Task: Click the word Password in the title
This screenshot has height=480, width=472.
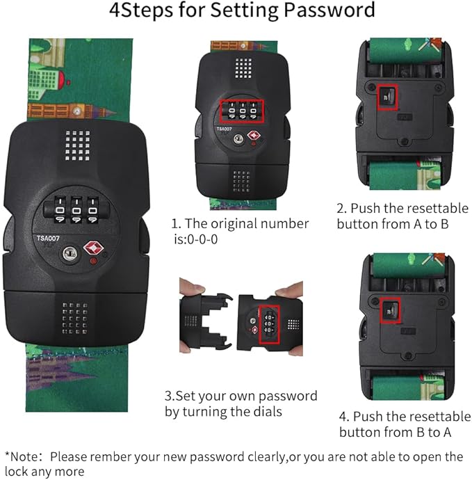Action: tap(329, 10)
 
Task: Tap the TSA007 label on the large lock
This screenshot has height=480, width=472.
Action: tap(48, 238)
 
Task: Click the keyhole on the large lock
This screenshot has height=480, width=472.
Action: tap(70, 253)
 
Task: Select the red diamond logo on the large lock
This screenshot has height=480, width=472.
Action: tap(93, 248)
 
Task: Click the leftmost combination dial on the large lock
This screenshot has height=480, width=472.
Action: tap(60, 209)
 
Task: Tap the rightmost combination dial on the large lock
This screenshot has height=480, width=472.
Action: tap(92, 209)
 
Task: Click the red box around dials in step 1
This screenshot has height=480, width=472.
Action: tap(242, 111)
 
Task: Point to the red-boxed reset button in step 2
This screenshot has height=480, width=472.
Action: tap(388, 97)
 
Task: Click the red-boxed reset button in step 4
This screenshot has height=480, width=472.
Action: tap(390, 310)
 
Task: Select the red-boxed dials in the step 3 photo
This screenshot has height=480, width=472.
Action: tap(269, 324)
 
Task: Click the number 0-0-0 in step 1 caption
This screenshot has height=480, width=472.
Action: tap(202, 239)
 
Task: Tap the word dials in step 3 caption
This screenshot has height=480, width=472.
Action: tap(266, 411)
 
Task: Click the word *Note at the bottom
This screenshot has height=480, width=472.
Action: tap(22, 457)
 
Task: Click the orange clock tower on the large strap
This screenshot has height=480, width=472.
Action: tap(71, 111)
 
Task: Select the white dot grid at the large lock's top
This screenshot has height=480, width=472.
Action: tap(78, 145)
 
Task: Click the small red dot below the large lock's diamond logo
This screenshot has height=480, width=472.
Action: tap(93, 261)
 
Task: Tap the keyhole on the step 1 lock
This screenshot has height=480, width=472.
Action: tap(238, 139)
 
